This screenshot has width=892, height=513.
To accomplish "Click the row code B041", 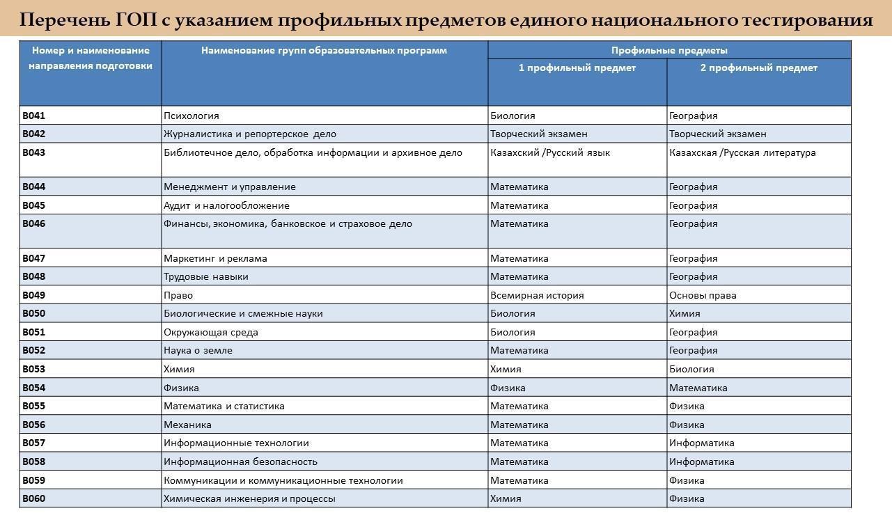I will pyautogui.click(x=33, y=116).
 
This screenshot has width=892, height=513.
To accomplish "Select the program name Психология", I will pyautogui.click(x=191, y=116).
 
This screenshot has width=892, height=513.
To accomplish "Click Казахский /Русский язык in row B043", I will pyautogui.click(x=549, y=152).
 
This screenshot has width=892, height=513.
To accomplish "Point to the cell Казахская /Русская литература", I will pyautogui.click(x=742, y=152).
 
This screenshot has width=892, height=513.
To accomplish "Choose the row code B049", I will pyautogui.click(x=33, y=295).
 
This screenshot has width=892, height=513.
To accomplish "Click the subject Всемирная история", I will pyautogui.click(x=536, y=295).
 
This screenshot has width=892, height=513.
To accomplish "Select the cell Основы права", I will pyautogui.click(x=702, y=295).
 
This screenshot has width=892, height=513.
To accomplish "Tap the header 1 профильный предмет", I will pyautogui.click(x=577, y=68).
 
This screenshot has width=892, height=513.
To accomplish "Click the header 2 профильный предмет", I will pyautogui.click(x=758, y=68).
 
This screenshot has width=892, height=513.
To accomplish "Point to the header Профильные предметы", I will pyautogui.click(x=668, y=50).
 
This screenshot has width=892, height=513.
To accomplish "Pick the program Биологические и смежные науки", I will pyautogui.click(x=242, y=313).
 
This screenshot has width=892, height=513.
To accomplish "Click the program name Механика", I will pyautogui.click(x=187, y=425).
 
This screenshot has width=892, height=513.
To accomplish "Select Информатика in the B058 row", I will pyautogui.click(x=701, y=461).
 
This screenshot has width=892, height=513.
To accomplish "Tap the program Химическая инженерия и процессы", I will pyautogui.click(x=249, y=498).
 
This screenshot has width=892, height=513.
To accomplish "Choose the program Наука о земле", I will pyautogui.click(x=198, y=350).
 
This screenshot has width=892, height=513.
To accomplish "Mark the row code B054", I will pyautogui.click(x=33, y=388).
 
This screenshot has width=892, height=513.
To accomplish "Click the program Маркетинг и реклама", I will pyautogui.click(x=214, y=258).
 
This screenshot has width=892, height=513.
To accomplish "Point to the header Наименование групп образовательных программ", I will pyautogui.click(x=324, y=50).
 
